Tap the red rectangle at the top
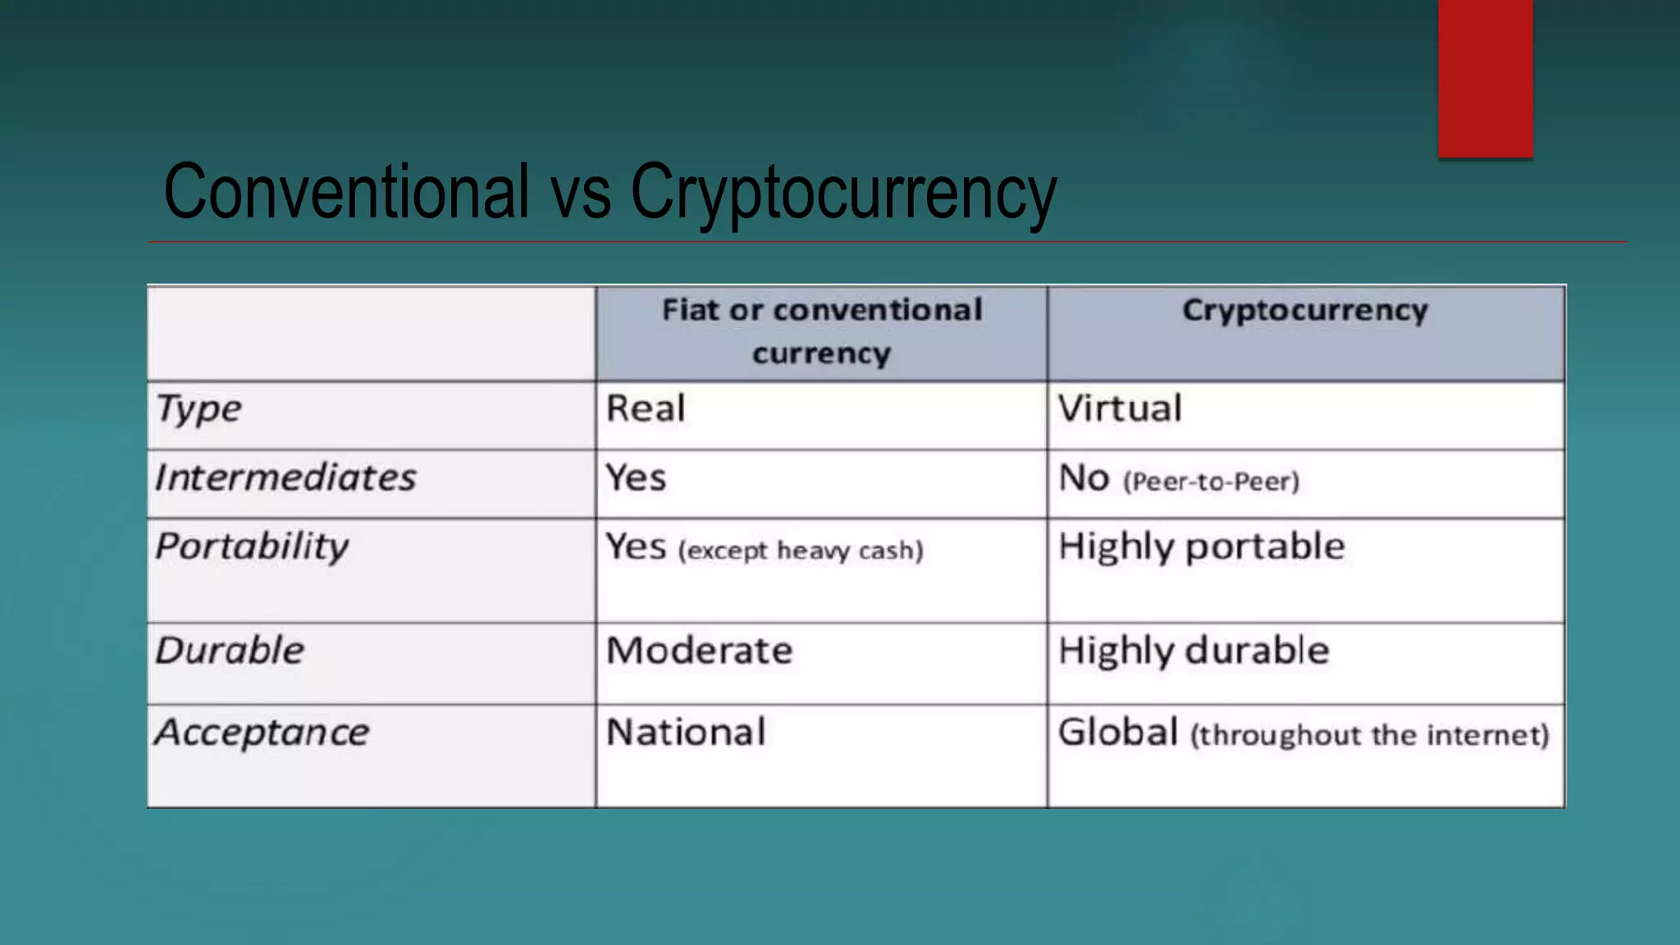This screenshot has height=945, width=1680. point(1485,79)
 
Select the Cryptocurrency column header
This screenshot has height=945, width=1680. point(1305,311)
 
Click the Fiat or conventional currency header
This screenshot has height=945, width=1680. point(822,331)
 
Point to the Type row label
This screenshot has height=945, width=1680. point(199,409)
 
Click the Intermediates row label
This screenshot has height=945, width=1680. point(285,477)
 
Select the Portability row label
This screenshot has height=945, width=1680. point(252,547)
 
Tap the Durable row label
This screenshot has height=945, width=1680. point(230,651)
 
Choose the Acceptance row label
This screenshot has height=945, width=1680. point(262,733)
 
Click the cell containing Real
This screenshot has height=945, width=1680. point(646,409)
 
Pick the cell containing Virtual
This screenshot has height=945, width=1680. point(1120,409)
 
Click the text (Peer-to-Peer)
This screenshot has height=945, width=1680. point(1212,482)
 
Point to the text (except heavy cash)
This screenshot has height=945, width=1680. point(801,550)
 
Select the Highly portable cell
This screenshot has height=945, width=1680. point(1202,547)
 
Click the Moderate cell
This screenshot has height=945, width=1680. point(700,651)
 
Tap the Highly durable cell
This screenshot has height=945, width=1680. point(1194,651)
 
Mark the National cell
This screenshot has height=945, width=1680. point(686,732)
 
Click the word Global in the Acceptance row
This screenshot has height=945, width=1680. point(1118,732)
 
